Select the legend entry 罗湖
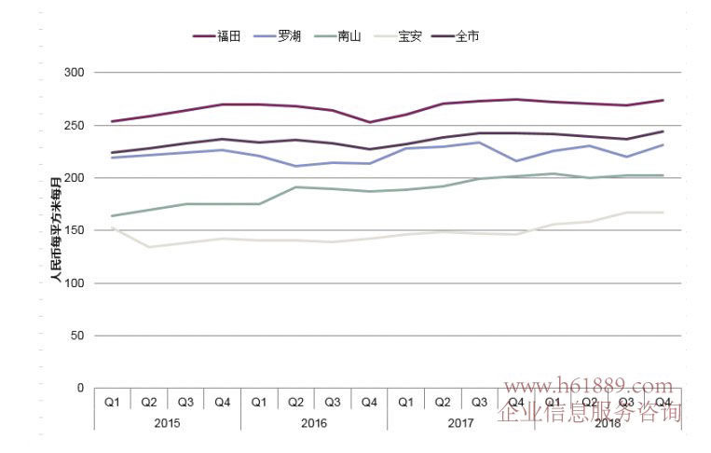(x=290, y=36)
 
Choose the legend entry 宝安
(x=409, y=36)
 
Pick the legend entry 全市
(x=468, y=36)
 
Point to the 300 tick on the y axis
(x=75, y=73)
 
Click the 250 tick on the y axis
(x=75, y=125)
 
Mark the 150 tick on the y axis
(x=75, y=230)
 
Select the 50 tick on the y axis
(x=77, y=336)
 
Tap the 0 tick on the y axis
(x=80, y=388)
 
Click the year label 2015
(x=167, y=422)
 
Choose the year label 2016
(x=314, y=422)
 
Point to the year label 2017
(x=460, y=422)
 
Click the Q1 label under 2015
(x=112, y=403)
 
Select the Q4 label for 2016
(x=369, y=403)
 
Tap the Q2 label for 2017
(x=443, y=403)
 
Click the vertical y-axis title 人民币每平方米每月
(x=55, y=227)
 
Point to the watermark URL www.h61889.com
(x=588, y=386)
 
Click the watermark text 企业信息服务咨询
(x=590, y=413)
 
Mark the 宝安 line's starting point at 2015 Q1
(x=112, y=226)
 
